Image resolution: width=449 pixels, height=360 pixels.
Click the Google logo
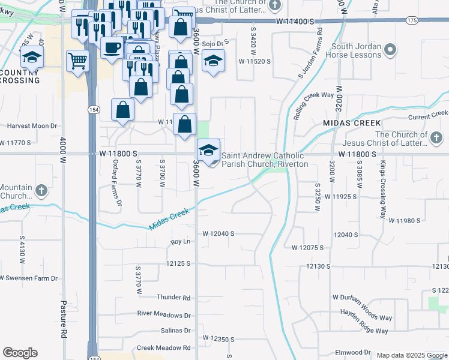pos(20,353)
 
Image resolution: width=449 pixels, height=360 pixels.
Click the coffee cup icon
pos(112,47)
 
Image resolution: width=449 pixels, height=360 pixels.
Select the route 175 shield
pos(411,20)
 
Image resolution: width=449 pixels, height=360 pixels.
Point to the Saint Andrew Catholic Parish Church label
pos(265,160)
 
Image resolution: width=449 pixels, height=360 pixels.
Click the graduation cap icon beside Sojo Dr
pos(213,61)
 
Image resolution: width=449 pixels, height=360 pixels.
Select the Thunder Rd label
pos(173,297)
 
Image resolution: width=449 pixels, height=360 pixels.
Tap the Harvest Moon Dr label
pos(32,126)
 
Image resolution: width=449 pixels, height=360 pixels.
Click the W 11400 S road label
pos(295,21)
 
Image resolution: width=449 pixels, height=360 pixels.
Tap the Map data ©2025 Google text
pos(411,355)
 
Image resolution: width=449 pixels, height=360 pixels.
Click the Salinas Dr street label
pos(175,331)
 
